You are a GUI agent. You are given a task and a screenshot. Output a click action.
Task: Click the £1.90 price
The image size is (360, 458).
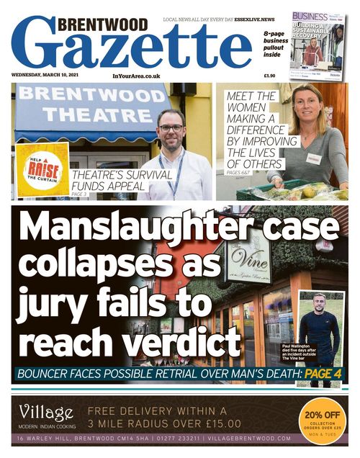[x=269, y=75]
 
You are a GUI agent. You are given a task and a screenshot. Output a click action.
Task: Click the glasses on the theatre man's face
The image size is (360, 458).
[x=171, y=128]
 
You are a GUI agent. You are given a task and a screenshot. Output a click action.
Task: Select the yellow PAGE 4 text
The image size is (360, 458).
[x=324, y=374]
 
